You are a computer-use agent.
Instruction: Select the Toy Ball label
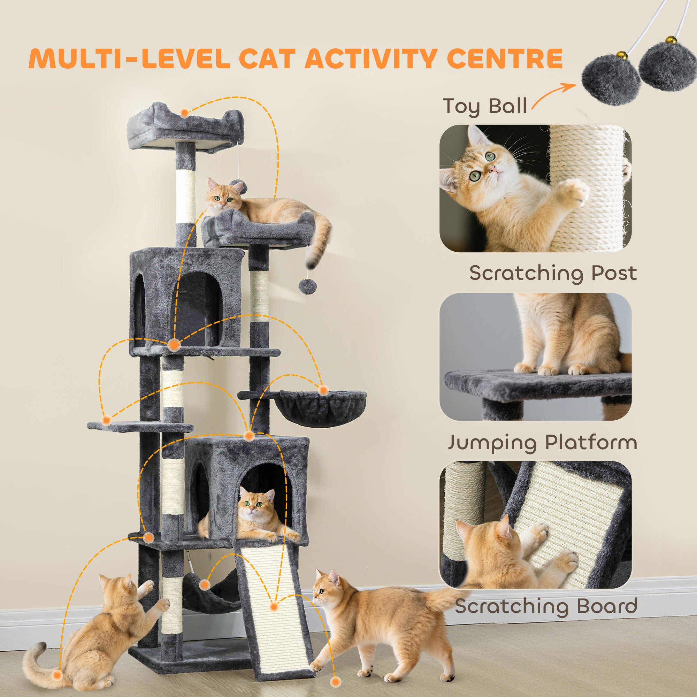point(484,106)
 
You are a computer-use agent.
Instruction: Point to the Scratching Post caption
point(553,273)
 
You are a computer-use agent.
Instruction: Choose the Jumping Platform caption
point(542,442)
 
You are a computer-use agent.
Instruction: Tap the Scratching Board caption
point(546,606)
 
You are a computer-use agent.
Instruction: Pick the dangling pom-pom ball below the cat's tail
point(308,286)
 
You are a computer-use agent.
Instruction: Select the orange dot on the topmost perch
point(184,113)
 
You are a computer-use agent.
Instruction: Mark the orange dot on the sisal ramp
point(274,607)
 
